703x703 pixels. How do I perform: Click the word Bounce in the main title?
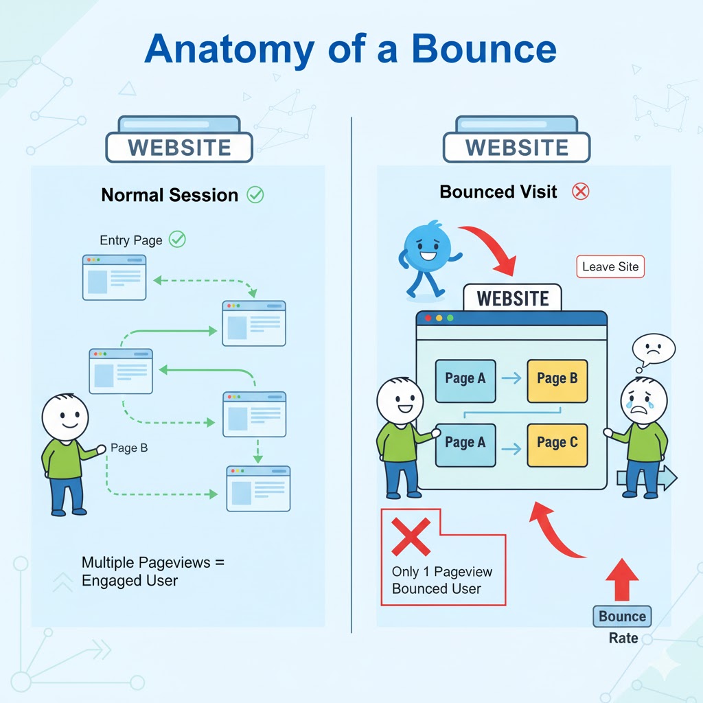point(484,49)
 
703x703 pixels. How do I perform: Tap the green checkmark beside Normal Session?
point(255,194)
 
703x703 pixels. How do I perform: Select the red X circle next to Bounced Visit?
point(581,192)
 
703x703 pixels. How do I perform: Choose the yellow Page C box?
point(557,445)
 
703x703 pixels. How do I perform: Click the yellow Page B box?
point(557,381)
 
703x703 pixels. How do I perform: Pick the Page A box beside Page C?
point(465,445)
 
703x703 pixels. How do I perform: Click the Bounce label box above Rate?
point(622,616)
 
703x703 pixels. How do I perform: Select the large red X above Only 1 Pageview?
point(411,537)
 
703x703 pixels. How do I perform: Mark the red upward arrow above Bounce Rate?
point(622,579)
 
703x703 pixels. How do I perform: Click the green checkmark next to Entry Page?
point(177,239)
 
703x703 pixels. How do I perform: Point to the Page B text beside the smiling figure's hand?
point(129,448)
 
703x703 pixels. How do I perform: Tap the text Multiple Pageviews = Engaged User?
point(153,571)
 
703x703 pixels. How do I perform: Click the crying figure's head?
point(643,400)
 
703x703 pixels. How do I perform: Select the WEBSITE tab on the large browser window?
point(512,298)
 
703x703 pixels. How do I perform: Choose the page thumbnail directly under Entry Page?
point(115,277)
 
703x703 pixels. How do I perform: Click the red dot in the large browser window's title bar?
point(428,318)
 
